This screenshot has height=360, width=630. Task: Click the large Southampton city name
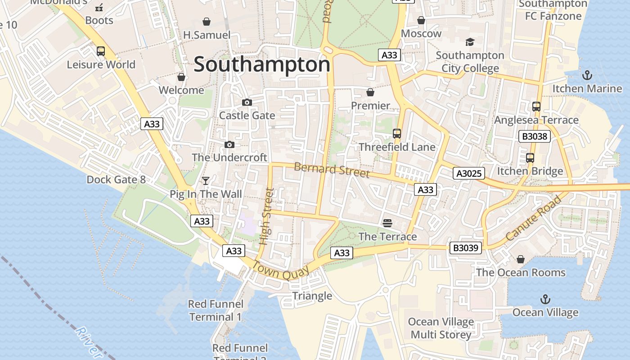[x=262, y=65]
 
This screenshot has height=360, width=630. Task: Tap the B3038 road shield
[x=535, y=136]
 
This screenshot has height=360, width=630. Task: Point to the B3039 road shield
[x=466, y=247]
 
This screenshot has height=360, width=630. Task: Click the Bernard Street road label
[x=332, y=170]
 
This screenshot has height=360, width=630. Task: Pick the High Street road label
[x=266, y=216]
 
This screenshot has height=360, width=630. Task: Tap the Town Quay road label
[x=281, y=270]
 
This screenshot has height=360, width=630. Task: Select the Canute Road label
[x=533, y=217]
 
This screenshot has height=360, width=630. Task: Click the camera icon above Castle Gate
[x=247, y=102]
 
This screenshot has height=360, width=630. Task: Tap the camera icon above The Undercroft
[x=229, y=144]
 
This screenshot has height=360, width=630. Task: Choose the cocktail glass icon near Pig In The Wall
[x=206, y=181]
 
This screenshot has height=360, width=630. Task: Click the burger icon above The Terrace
[x=387, y=223]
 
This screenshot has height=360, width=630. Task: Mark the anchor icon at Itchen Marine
[x=587, y=75]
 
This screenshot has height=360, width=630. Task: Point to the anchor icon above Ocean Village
[x=545, y=299]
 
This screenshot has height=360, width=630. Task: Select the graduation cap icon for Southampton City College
[x=470, y=42]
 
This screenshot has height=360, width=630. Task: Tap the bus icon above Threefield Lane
[x=396, y=134]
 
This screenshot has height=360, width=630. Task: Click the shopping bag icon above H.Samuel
[x=207, y=22]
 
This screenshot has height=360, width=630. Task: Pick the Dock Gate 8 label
[x=116, y=180]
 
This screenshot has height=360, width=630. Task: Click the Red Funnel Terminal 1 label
[x=215, y=310]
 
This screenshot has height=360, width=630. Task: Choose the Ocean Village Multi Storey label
[x=441, y=328]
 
